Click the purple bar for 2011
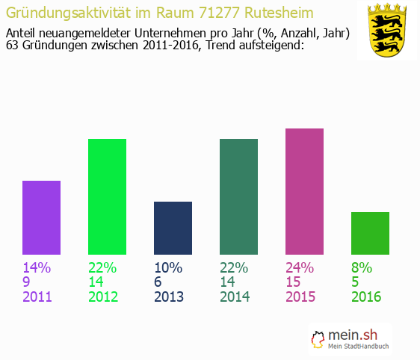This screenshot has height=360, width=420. [41, 217]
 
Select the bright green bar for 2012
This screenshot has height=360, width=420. [107, 196]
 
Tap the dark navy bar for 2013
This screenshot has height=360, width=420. [173, 228]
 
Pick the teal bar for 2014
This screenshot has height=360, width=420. [238, 196]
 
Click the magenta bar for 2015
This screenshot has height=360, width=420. [304, 191]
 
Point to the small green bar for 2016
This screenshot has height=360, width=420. [370, 233]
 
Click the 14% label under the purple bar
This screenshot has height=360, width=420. [37, 268]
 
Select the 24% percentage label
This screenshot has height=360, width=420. [300, 268]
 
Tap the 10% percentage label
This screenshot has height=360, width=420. [168, 268]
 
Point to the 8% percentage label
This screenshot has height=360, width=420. [362, 268]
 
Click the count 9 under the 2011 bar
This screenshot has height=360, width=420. [27, 282]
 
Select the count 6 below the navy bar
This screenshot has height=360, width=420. [158, 282]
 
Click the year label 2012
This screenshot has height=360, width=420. [103, 297]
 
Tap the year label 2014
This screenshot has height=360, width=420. [235, 297]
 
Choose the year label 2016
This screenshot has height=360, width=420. [366, 297]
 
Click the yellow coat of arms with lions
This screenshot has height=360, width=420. [387, 30]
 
